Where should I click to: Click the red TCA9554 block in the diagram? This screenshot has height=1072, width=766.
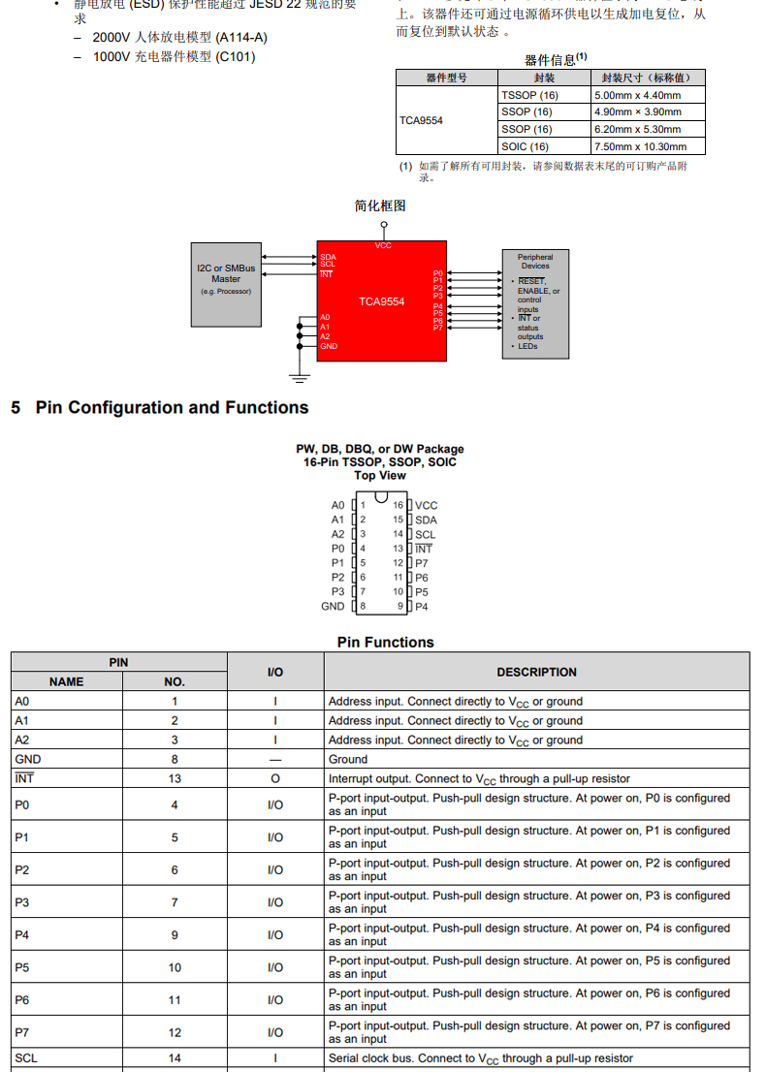pyautogui.click(x=381, y=301)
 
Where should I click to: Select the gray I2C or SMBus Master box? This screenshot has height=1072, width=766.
pyautogui.click(x=226, y=283)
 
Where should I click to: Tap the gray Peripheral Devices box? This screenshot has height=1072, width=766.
pyautogui.click(x=535, y=303)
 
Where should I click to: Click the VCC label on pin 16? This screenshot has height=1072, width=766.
pyautogui.click(x=427, y=505)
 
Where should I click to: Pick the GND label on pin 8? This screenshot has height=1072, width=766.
pyautogui.click(x=333, y=606)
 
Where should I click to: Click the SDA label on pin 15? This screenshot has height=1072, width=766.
pyautogui.click(x=426, y=520)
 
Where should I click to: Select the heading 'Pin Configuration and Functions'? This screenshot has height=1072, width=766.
pyautogui.click(x=172, y=408)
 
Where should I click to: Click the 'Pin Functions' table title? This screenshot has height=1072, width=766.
pyautogui.click(x=385, y=642)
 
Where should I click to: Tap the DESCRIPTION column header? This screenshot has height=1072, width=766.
pyautogui.click(x=536, y=672)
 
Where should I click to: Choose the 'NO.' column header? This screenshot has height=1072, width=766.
pyautogui.click(x=175, y=681)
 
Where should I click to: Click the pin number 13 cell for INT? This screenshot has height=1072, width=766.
pyautogui.click(x=175, y=778)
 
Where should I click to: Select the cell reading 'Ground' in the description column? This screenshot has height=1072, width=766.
pyautogui.click(x=348, y=759)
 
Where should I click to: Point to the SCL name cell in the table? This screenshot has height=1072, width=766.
pyautogui.click(x=26, y=1057)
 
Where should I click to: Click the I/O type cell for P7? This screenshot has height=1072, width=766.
pyautogui.click(x=275, y=1032)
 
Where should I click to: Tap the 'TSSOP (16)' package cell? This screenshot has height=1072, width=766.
pyautogui.click(x=529, y=95)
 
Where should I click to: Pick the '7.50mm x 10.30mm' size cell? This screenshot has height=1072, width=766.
pyautogui.click(x=639, y=146)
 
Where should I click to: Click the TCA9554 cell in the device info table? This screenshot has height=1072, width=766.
pyautogui.click(x=421, y=121)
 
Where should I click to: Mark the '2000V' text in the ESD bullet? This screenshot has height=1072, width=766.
pyautogui.click(x=112, y=37)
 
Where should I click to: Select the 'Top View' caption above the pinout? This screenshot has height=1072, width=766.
pyautogui.click(x=380, y=476)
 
